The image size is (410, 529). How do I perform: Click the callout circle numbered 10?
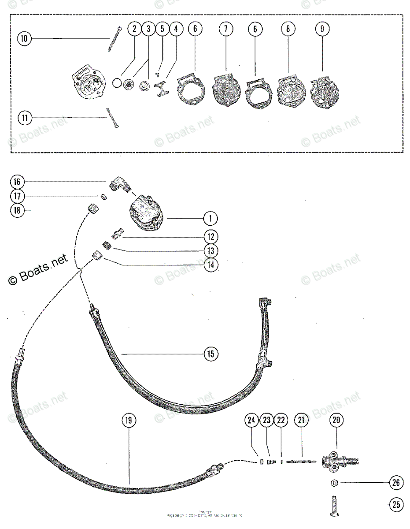pos(24,39)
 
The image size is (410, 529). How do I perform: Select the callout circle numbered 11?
pos(24,118)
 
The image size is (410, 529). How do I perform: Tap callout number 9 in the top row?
pos(322,29)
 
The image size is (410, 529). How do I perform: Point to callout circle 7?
pos(225,29)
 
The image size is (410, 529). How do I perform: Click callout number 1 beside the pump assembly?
pos(211,218)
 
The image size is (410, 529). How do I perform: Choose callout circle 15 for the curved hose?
pos(211,354)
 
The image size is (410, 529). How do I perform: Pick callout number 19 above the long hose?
pos(128,421)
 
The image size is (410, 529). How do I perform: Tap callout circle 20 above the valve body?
pos(336,421)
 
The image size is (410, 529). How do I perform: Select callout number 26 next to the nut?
pos(395,483)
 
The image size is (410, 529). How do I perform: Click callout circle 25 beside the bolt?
pos(395,504)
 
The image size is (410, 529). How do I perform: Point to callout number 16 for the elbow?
pos(18,182)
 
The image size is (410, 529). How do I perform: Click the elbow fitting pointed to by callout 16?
pos(118,185)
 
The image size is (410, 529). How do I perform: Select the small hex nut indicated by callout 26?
pos(334,483)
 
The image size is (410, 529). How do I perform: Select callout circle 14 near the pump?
pos(211,265)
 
